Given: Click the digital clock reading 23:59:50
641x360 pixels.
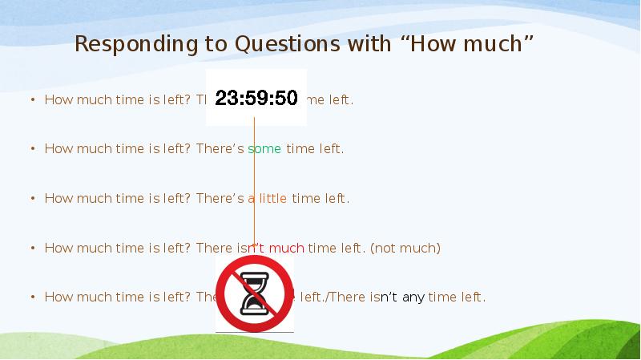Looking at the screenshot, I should [256, 98].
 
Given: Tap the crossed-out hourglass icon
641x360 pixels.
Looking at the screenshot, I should [254, 294].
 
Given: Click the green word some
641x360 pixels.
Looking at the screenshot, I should [264, 149].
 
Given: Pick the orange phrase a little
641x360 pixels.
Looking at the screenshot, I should [268, 199].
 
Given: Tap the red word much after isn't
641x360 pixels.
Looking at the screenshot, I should [287, 249].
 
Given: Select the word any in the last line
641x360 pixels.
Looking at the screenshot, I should [413, 297].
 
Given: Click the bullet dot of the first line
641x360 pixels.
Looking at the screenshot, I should [33, 100].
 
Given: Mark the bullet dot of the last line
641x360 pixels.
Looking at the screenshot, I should [33, 297].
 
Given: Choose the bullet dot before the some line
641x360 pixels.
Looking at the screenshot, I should [33, 149].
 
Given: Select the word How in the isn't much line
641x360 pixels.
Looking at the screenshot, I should [58, 249].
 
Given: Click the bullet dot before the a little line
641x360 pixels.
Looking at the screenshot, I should [33, 199].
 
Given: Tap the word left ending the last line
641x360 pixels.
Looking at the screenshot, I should [470, 297].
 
